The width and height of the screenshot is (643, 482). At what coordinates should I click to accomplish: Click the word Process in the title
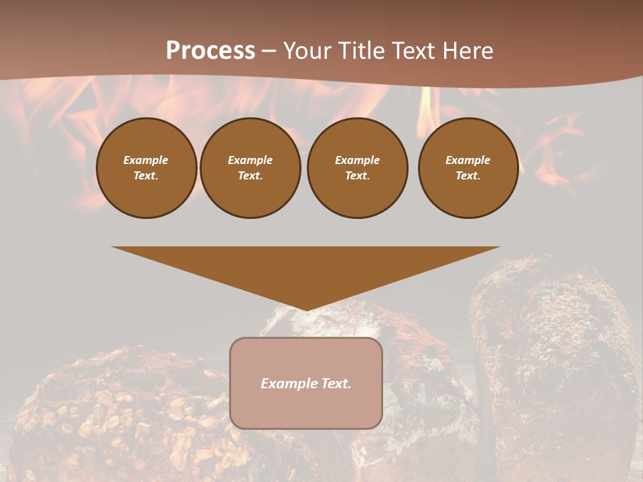click(210, 51)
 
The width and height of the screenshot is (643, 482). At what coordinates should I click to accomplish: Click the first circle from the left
click(146, 168)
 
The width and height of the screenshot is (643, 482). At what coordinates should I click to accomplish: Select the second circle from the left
click(251, 168)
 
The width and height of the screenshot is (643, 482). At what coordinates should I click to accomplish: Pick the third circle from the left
click(358, 168)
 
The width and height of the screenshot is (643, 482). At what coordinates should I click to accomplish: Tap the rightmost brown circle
click(468, 168)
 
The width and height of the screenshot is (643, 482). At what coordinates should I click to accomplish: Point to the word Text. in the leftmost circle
click(146, 176)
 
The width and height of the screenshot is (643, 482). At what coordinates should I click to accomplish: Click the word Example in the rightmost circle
click(468, 160)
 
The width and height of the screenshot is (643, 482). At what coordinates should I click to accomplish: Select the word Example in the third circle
click(358, 160)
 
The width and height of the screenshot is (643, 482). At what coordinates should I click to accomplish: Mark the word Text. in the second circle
click(251, 176)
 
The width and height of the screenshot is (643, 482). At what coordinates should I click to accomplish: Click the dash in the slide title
click(269, 51)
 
